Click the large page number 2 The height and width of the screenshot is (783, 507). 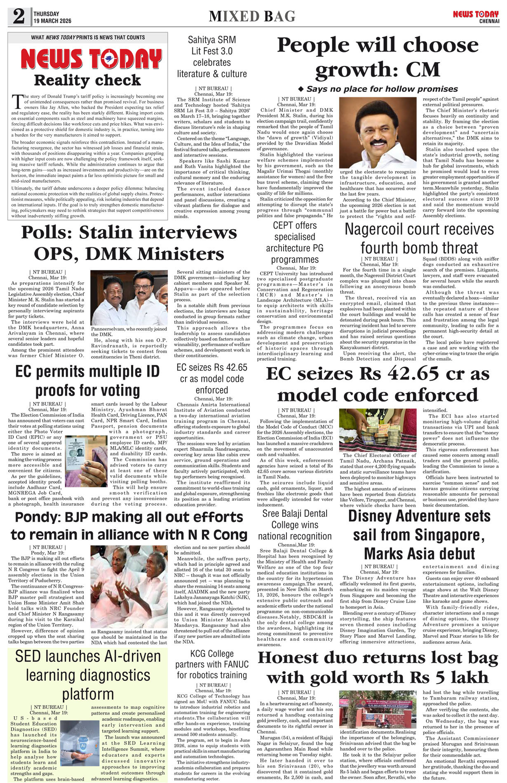[19, 17]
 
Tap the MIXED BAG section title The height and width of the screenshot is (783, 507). [252, 16]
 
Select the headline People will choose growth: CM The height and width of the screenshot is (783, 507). [378, 57]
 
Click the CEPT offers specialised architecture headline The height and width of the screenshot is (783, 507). [295, 242]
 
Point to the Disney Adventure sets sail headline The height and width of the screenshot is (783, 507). [419, 535]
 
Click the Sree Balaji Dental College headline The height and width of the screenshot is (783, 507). [295, 525]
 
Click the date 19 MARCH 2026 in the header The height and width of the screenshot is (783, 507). [52, 21]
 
